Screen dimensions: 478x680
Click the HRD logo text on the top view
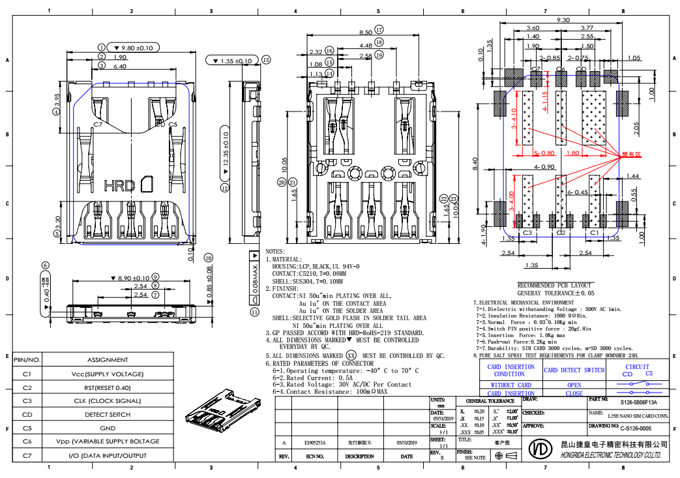[x=119, y=185]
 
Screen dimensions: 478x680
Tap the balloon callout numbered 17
[x=379, y=30]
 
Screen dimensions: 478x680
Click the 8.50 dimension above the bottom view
[x=366, y=31]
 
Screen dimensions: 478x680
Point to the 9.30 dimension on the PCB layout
[x=564, y=20]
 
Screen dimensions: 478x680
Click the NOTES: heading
[x=276, y=251]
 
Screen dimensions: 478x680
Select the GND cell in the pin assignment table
[x=108, y=428]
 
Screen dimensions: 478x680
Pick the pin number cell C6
[x=27, y=442]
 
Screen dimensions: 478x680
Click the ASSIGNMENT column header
[x=108, y=360]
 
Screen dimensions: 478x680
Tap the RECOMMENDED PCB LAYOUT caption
[x=554, y=285]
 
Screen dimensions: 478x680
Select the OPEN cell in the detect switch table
[x=574, y=385]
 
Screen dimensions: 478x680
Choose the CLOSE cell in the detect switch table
[x=574, y=393]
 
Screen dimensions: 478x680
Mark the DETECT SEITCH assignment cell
[x=108, y=415]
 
